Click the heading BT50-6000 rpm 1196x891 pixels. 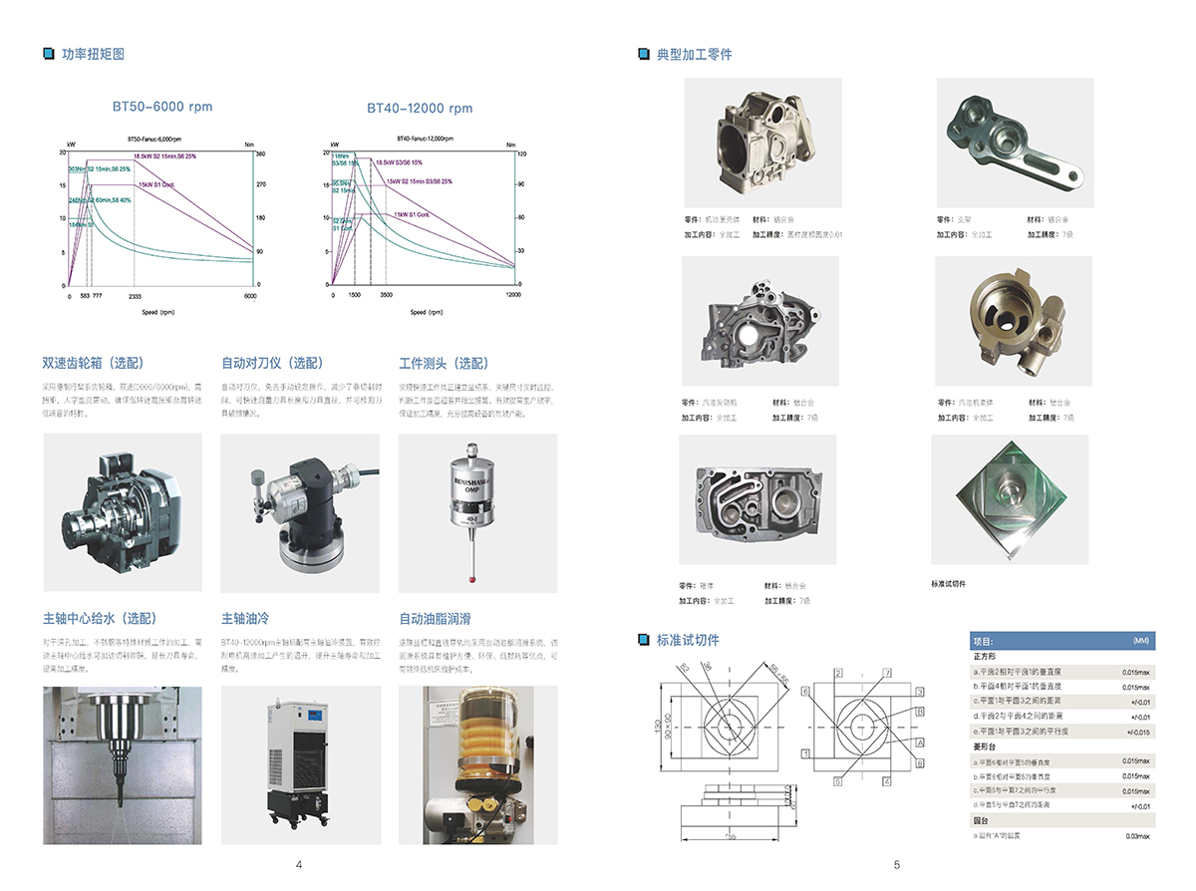click(162, 107)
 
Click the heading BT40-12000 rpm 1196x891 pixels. click(420, 108)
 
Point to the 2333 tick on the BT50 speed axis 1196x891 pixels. click(135, 296)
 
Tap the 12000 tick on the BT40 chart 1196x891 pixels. click(512, 296)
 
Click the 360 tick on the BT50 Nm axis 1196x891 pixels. click(261, 154)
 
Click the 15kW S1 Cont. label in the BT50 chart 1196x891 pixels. click(158, 184)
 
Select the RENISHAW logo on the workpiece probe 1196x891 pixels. click(475, 477)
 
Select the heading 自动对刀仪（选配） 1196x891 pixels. click(271, 363)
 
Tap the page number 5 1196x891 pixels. click(897, 864)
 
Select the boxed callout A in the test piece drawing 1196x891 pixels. click(920, 742)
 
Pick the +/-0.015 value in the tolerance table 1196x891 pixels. click(1137, 732)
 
